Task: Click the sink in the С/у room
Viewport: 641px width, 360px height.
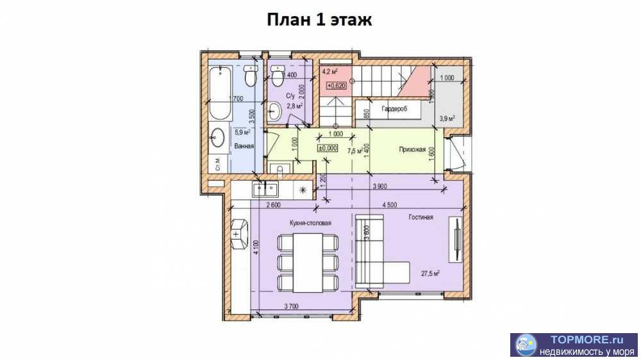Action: tap(276, 114)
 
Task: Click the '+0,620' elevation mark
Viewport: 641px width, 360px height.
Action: tap(337, 85)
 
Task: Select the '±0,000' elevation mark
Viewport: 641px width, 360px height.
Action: tap(328, 148)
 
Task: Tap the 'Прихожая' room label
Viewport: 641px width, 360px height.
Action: tap(412, 150)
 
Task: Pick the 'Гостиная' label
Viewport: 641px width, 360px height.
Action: tap(421, 217)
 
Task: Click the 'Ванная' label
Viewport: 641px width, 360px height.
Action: tap(244, 146)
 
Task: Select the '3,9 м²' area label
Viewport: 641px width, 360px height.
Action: tap(447, 118)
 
